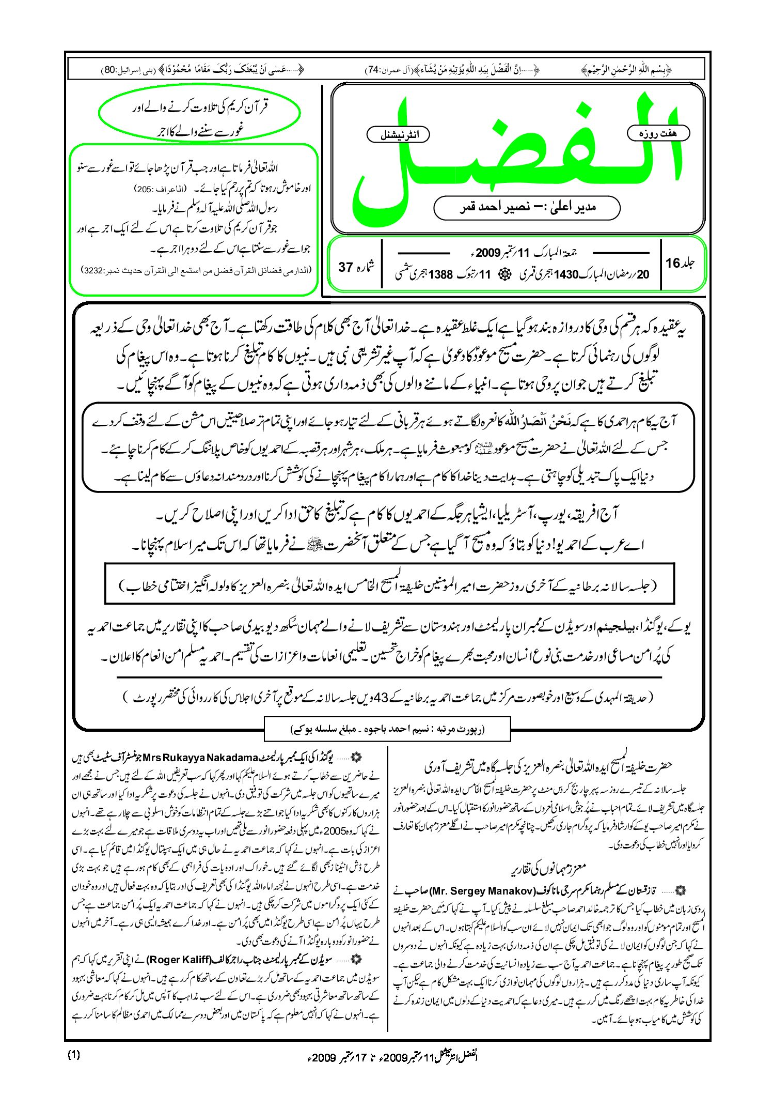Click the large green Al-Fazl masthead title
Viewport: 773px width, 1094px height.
[516, 155]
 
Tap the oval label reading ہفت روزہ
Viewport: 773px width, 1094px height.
[658, 133]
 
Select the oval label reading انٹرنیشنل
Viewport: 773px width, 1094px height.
[398, 135]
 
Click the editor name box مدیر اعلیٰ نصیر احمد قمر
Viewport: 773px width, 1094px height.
[527, 207]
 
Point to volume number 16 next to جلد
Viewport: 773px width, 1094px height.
[672, 263]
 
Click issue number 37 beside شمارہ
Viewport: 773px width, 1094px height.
[345, 267]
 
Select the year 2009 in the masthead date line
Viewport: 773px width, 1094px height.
[488, 253]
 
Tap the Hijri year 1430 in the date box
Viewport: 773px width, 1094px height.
[566, 274]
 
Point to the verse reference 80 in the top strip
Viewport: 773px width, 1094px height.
[110, 69]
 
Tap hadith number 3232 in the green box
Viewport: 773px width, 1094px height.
[94, 270]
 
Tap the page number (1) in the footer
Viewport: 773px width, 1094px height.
[74, 1055]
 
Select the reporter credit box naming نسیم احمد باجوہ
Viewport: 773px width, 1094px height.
[387, 729]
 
